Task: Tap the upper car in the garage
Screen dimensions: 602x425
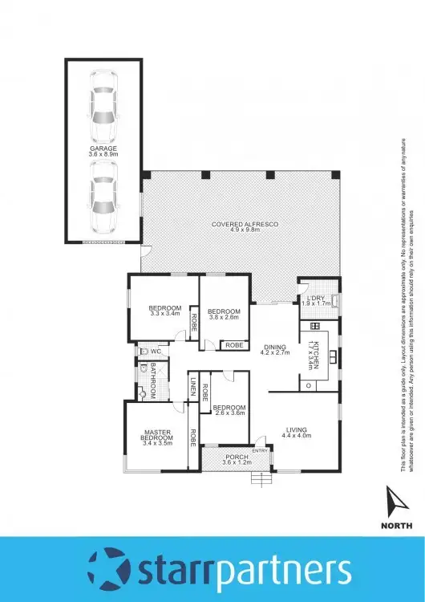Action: click(103, 106)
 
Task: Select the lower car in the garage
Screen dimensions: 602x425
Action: click(103, 195)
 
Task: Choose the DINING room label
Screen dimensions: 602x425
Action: click(274, 348)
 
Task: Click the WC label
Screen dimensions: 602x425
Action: click(157, 351)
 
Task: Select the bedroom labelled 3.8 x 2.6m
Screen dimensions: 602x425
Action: click(224, 313)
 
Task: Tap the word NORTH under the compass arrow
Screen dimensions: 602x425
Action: click(397, 526)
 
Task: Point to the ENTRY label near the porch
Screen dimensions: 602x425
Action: click(260, 450)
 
